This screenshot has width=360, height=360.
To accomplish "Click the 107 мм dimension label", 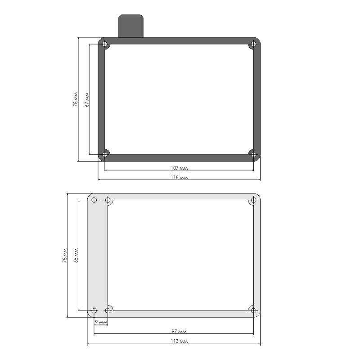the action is pos(179,168).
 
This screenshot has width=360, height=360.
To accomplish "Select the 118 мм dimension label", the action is pos(179,177).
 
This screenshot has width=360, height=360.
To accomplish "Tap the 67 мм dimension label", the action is pos(87,99).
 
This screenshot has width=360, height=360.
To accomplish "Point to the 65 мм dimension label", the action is pos(76,255).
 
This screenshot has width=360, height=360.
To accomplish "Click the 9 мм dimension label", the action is pos(101,322).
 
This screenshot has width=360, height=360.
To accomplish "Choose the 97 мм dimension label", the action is pos(179,331).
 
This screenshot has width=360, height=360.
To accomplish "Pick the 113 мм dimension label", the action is pos(179,341).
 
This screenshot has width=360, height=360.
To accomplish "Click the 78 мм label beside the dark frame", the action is pos(76,99).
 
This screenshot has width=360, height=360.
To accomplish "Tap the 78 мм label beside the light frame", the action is pos(65,256).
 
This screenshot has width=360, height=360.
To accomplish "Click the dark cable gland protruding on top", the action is pos(131,26).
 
